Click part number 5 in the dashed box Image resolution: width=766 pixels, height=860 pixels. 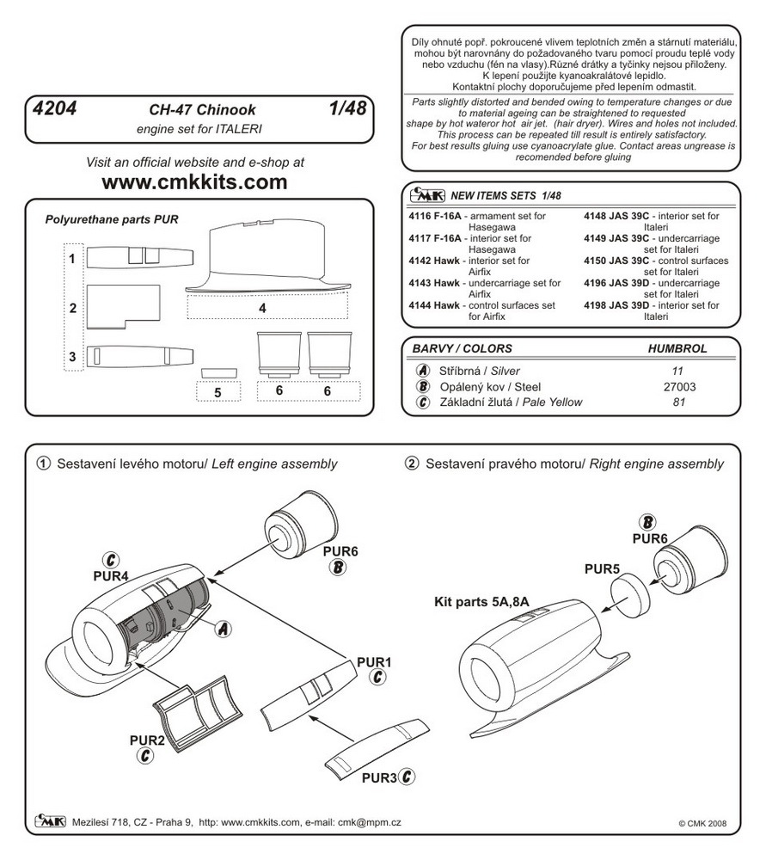218,392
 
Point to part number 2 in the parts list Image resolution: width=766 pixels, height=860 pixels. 74,308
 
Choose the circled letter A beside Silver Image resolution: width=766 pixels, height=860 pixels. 423,371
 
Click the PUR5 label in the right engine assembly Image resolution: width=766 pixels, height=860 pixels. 602,569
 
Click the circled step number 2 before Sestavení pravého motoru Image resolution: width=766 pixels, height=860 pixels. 412,464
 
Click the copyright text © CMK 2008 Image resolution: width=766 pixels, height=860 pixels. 704,822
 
